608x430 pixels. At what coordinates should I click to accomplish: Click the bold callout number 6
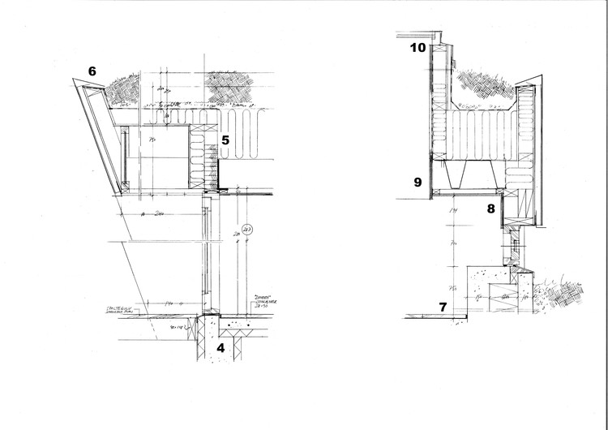point(92,71)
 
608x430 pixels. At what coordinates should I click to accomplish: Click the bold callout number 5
point(225,140)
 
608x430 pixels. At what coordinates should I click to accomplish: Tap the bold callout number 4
point(220,349)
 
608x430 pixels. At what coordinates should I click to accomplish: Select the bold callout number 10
point(418,48)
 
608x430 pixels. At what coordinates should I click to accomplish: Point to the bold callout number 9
point(417,183)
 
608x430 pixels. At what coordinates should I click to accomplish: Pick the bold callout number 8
point(490,209)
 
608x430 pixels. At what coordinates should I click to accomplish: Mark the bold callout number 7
point(443,307)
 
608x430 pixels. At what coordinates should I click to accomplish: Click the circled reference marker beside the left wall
point(247,228)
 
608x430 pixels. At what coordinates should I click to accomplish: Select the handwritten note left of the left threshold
point(122,312)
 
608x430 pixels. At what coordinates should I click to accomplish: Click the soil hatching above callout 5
point(232,87)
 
